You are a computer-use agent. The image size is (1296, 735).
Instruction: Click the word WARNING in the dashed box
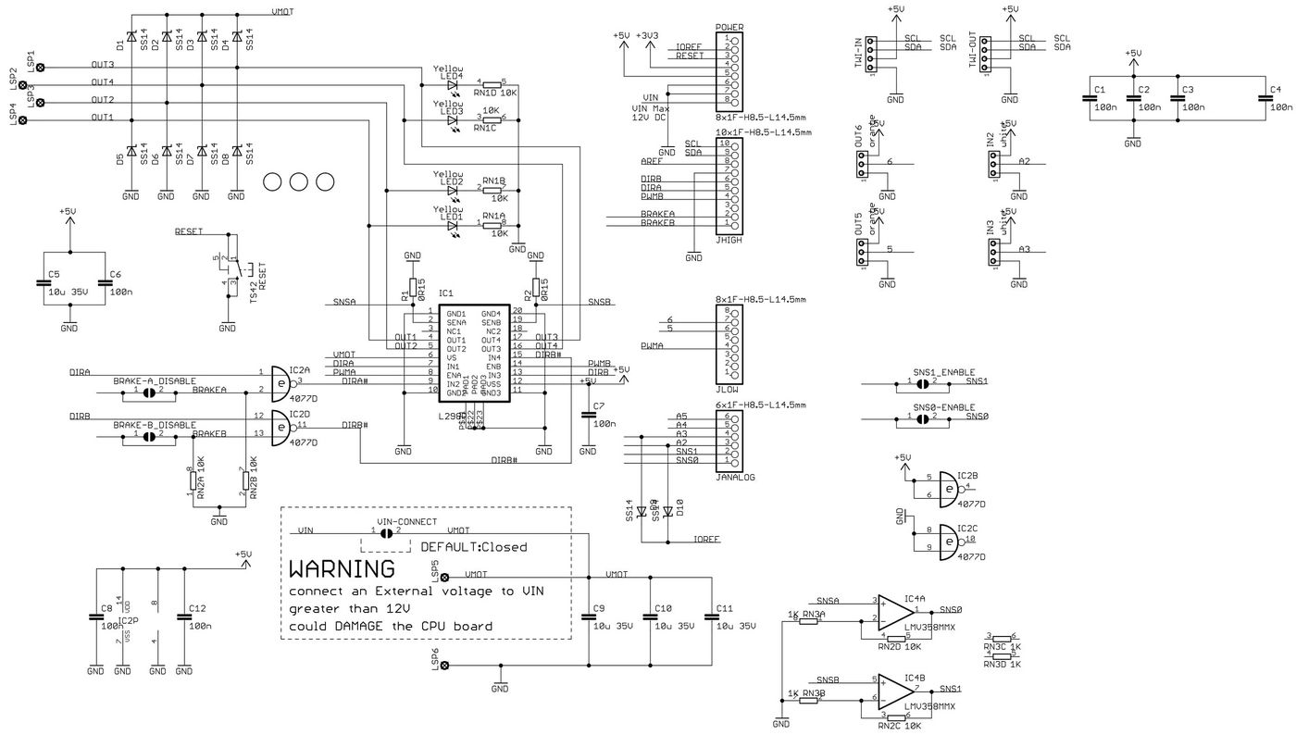pyautogui.click(x=342, y=567)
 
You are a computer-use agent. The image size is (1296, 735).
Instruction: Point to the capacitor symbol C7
pyautogui.click(x=587, y=415)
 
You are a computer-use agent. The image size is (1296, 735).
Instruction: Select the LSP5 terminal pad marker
pyautogui.click(x=444, y=577)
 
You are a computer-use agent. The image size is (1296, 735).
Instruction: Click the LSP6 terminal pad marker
pyautogui.click(x=444, y=666)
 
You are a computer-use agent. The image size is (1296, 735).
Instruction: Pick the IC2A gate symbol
pyautogui.click(x=280, y=380)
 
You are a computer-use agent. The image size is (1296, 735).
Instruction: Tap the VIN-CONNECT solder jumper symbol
pyautogui.click(x=387, y=532)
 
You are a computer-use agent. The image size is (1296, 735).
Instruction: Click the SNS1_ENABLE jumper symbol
pyautogui.click(x=922, y=381)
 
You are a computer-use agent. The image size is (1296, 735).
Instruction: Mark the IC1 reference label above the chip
pyautogui.click(x=447, y=293)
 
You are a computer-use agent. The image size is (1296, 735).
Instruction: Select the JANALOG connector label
pyautogui.click(x=736, y=478)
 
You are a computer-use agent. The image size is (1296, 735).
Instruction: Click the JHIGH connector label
pyautogui.click(x=729, y=239)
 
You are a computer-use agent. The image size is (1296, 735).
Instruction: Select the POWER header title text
pyautogui.click(x=729, y=28)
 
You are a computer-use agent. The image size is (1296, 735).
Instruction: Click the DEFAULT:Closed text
pyautogui.click(x=473, y=547)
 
